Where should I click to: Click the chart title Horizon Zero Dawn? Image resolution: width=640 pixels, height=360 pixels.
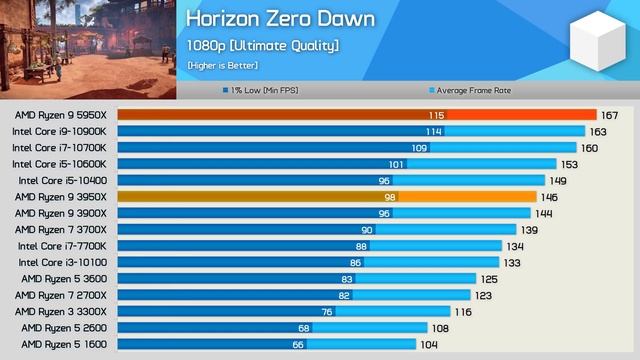point(281,20)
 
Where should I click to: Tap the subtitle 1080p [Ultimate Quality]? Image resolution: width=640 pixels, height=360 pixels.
point(262,45)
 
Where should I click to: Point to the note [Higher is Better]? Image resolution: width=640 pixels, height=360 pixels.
point(222,65)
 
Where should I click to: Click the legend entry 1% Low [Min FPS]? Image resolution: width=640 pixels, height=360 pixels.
point(263,90)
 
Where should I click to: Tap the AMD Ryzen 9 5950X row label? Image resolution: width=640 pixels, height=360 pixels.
point(61,115)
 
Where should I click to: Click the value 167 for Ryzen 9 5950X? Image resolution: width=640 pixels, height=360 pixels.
point(610,115)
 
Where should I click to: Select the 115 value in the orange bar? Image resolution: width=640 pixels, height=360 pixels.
point(436,115)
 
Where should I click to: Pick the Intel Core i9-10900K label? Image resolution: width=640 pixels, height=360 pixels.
point(59,131)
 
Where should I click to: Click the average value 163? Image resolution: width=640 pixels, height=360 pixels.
point(598,131)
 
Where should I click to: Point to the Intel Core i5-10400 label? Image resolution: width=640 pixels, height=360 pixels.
point(62,180)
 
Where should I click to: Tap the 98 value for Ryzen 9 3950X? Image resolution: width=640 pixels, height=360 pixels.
point(390,197)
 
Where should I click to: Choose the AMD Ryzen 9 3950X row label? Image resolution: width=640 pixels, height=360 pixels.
point(61,197)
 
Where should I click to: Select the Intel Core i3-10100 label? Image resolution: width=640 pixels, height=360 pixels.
point(62,262)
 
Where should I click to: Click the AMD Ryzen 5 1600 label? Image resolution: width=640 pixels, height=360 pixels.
point(65,344)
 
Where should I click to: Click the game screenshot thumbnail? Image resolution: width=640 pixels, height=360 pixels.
point(88,50)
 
